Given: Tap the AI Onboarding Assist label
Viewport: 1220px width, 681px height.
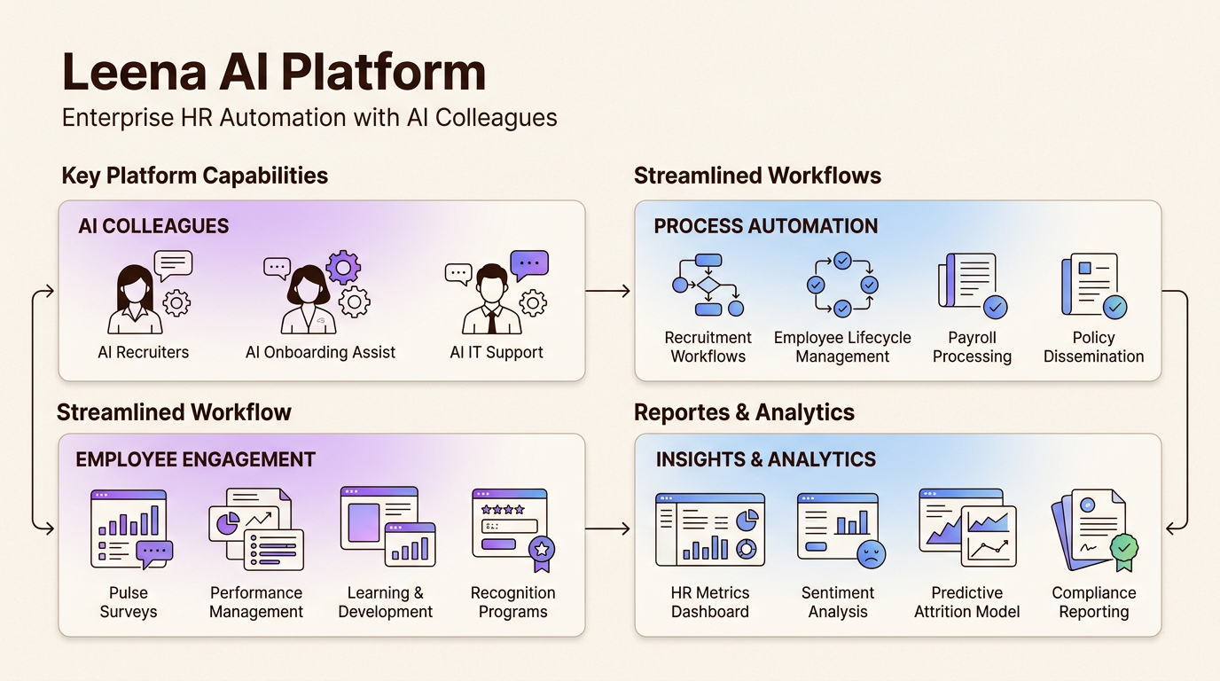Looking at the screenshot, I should point(320,352).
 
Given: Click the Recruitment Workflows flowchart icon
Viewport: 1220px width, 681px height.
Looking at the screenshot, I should point(708,286).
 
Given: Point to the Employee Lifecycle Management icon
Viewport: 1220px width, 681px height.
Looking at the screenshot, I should point(841,286).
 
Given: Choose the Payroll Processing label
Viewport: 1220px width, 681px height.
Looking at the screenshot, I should point(972,347).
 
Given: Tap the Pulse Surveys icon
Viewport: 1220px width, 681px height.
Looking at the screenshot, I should point(130,529).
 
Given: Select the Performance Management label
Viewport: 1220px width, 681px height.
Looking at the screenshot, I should point(256,602).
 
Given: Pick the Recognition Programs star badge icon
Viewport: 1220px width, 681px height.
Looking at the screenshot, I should point(542,549).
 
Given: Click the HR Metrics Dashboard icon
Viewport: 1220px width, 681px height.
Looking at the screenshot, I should point(709,529).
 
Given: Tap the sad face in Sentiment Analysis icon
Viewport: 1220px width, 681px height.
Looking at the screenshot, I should point(871,554).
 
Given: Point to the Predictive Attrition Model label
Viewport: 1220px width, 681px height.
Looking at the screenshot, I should point(966,602).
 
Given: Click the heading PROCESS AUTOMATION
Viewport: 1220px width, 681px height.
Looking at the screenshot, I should point(765,226).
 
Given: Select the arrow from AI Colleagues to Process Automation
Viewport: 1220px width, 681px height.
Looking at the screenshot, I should point(608,291).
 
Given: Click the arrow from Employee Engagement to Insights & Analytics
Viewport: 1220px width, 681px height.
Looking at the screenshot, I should point(608,529).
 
